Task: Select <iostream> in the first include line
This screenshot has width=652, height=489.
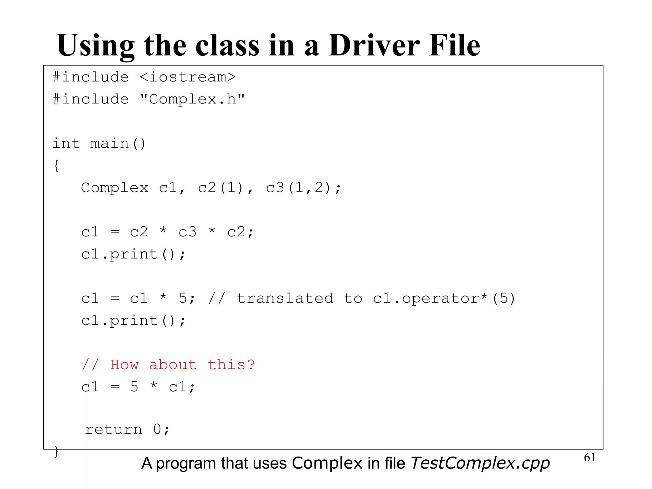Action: point(188,77)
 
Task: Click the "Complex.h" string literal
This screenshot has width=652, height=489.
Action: point(192,99)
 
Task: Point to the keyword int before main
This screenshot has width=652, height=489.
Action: point(66,144)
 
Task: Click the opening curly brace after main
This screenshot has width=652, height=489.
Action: point(56,166)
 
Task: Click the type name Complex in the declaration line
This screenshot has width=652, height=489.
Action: point(115,188)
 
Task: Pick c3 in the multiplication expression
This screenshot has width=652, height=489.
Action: point(188,232)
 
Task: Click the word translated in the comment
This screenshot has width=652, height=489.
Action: point(285,299)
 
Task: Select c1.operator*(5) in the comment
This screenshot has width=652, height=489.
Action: point(444,299)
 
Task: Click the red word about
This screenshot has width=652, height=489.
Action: point(173,365)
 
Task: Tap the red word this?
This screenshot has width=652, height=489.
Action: point(231,365)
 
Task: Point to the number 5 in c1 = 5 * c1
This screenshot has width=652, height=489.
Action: point(134,387)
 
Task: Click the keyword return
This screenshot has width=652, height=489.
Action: point(113,430)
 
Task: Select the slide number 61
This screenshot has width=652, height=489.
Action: point(590,457)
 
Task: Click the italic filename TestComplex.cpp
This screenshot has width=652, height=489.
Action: point(480,463)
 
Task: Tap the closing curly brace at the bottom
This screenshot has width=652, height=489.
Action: point(56,451)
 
